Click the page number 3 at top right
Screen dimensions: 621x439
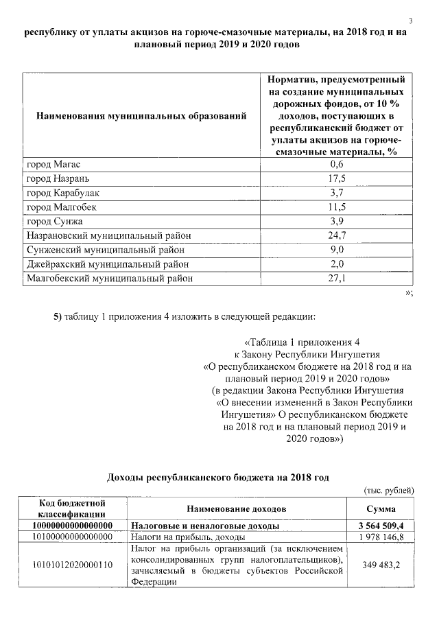pos(410,19)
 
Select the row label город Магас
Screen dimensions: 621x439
pos(54,165)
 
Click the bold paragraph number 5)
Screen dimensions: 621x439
pos(58,316)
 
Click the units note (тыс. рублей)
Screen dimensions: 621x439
pos(388,490)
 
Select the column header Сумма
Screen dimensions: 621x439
pos(380,508)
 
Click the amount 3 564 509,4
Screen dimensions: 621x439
pos(380,526)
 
